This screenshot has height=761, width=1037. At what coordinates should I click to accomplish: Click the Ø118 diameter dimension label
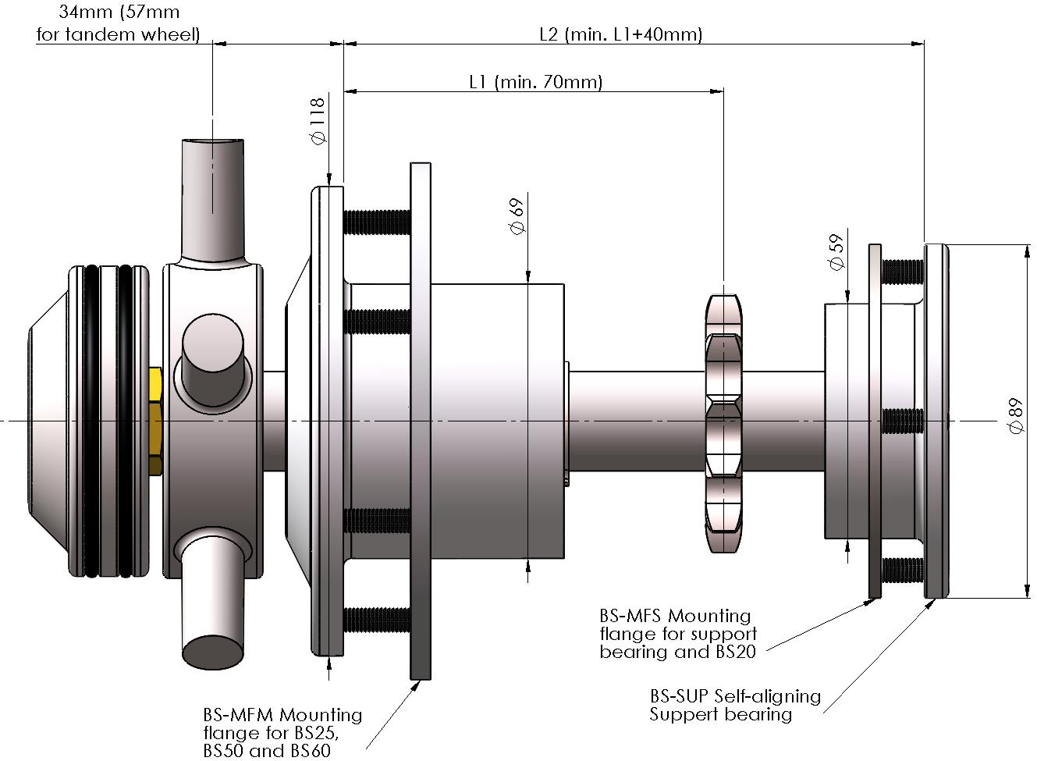click(317, 122)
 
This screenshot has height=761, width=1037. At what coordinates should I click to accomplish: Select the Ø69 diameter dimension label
click(516, 216)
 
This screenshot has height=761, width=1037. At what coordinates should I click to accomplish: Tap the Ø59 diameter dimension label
click(836, 252)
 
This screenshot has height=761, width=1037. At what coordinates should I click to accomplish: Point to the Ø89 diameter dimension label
click(1016, 416)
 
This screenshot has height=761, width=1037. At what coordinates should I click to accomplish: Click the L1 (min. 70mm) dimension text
click(535, 82)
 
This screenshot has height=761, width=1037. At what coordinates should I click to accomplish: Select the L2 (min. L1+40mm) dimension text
click(620, 34)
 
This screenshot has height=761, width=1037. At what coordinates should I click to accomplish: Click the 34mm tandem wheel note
click(119, 23)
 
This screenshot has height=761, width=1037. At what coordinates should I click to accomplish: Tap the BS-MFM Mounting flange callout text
click(282, 733)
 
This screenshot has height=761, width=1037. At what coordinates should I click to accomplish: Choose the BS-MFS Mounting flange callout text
click(677, 634)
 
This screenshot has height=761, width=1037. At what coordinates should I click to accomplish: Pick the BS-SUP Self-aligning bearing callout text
click(734, 705)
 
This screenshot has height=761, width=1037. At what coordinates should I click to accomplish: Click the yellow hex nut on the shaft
click(154, 421)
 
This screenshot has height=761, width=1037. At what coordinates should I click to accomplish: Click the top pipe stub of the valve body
click(213, 195)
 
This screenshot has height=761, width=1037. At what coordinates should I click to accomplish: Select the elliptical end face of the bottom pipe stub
click(212, 653)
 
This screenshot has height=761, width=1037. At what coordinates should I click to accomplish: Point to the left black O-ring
click(92, 421)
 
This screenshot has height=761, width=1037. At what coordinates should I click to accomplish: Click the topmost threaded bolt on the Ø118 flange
click(376, 222)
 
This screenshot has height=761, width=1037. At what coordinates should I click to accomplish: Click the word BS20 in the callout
click(735, 653)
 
